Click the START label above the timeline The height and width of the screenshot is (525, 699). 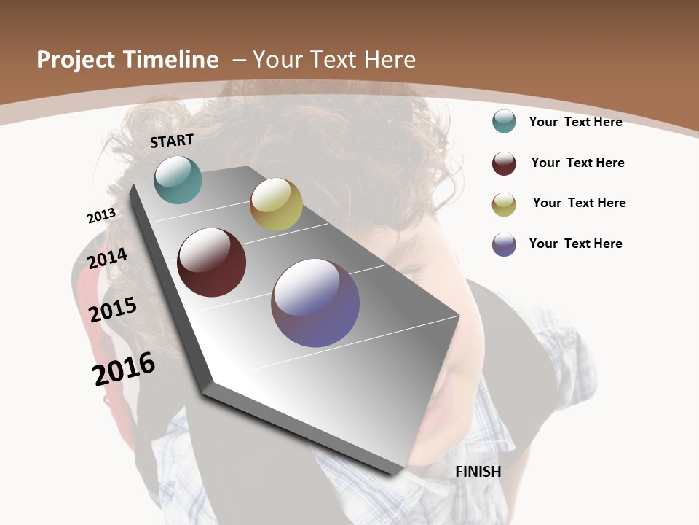tap(172, 141)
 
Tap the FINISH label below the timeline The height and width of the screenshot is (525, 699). tap(478, 472)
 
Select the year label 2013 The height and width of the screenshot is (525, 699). tap(101, 215)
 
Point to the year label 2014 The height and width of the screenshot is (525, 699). tap(107, 259)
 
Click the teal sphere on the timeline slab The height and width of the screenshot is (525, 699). tap(178, 179)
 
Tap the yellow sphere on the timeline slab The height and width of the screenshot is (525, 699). tap(276, 204)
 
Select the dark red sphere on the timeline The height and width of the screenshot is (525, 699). tap(211, 262)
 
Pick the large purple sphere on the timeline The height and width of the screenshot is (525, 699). tap(315, 303)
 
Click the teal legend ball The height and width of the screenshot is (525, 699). tap(504, 121)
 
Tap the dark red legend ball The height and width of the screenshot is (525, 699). tap(504, 163)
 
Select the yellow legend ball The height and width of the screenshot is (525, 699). tap(504, 204)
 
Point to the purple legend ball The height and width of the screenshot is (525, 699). tap(504, 244)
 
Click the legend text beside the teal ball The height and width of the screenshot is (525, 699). tap(575, 122)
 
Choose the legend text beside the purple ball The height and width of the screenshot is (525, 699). tap(575, 244)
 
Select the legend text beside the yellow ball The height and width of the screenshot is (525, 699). tap(579, 203)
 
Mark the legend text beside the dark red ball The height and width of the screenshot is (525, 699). tap(577, 163)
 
